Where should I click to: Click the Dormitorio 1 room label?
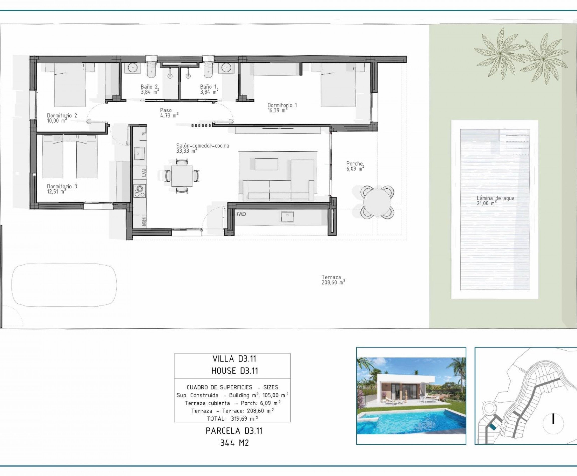click(x=282, y=107)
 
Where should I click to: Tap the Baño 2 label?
click(x=150, y=89)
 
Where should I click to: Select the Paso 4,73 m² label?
click(x=169, y=113)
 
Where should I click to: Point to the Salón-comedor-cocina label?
click(x=202, y=148)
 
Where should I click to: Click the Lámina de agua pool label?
click(x=495, y=200)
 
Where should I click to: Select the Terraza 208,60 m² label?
click(x=333, y=280)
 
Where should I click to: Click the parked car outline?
click(x=64, y=285)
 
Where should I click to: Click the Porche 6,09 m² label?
click(x=355, y=166)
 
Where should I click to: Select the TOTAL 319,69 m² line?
click(x=232, y=418)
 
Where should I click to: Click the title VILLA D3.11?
click(x=234, y=359)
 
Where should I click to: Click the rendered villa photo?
click(x=411, y=396)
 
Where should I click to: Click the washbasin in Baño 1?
click(x=226, y=67)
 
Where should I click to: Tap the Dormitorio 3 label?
click(x=62, y=189)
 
